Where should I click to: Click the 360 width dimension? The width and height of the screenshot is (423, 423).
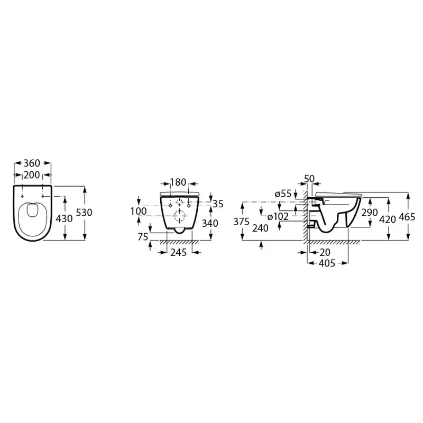pos(32,163)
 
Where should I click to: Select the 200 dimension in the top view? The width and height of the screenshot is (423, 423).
pos(32,174)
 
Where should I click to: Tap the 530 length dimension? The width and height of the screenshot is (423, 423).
pos(85,213)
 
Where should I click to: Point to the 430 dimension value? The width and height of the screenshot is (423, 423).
pos(65,217)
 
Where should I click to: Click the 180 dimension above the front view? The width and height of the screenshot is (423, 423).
pos(178,182)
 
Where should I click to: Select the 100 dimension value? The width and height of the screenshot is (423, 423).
pos(139,211)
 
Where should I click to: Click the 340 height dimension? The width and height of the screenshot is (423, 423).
pos(210,223)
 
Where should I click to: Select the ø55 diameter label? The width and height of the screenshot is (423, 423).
pos(283,194)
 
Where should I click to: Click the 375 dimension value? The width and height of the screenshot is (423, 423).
pos(242,222)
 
